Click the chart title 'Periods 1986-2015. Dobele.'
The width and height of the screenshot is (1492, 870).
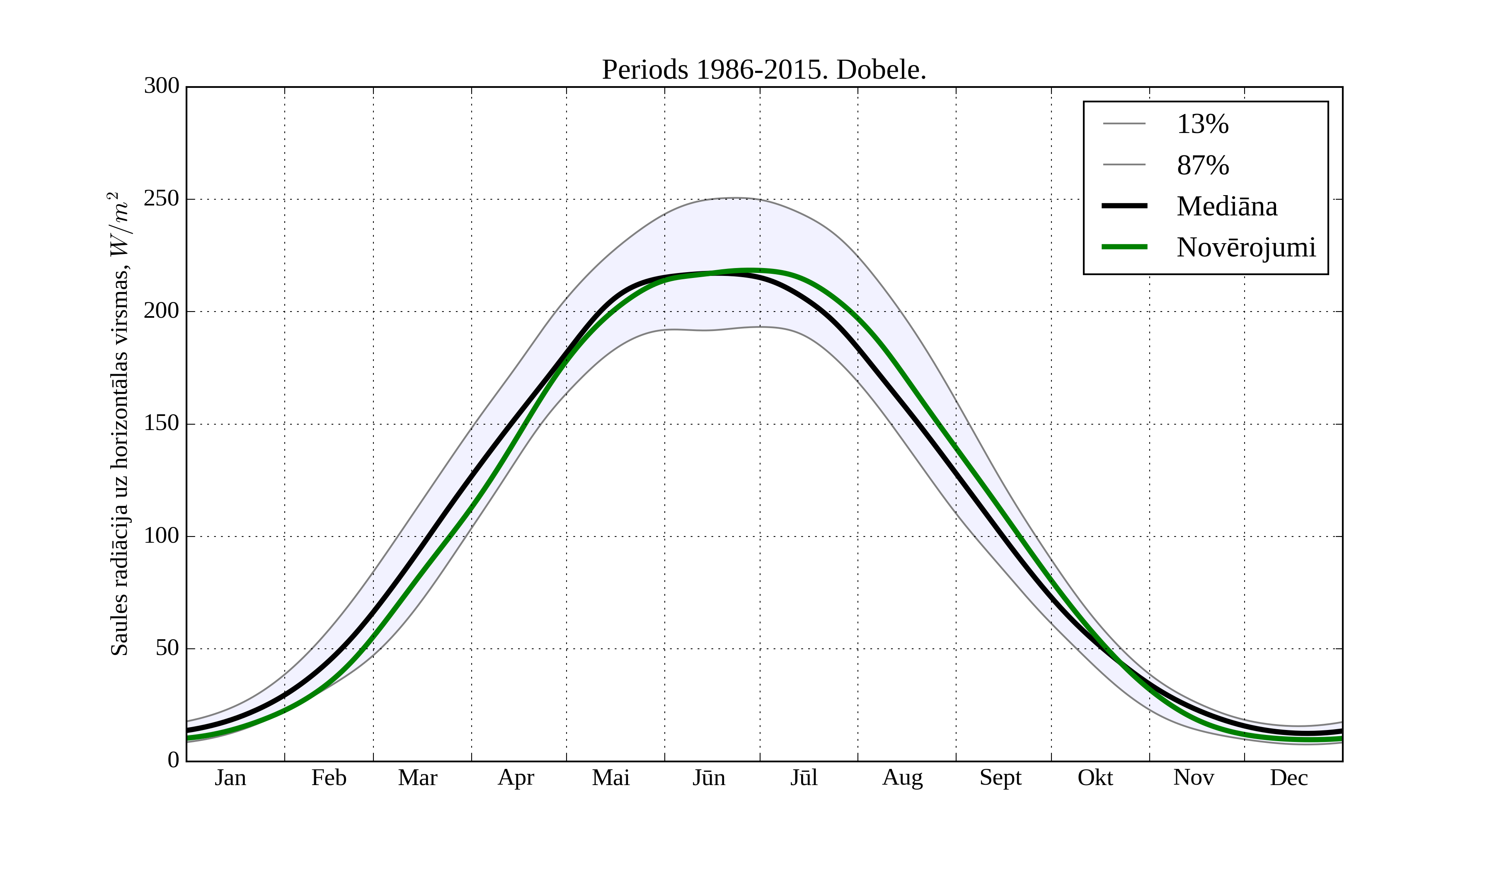pyautogui.click(x=764, y=70)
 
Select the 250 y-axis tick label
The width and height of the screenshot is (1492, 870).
pyautogui.click(x=162, y=199)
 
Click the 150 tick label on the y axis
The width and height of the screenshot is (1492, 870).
pyautogui.click(x=162, y=424)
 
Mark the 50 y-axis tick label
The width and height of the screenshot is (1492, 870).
pyautogui.click(x=167, y=649)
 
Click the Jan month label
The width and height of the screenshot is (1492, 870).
pyautogui.click(x=230, y=778)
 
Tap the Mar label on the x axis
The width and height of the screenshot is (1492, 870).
pyautogui.click(x=417, y=778)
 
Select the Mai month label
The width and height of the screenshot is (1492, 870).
pyautogui.click(x=611, y=778)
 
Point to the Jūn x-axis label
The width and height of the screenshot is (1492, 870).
pyautogui.click(x=709, y=778)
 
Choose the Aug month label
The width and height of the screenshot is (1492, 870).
pyautogui.click(x=902, y=778)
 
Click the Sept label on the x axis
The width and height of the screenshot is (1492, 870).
pyautogui.click(x=1000, y=778)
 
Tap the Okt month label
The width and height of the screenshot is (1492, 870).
pyautogui.click(x=1095, y=778)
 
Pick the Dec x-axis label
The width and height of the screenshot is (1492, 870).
pyautogui.click(x=1289, y=778)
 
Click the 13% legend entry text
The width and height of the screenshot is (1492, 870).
pyautogui.click(x=1202, y=124)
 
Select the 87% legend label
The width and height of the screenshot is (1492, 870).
pyautogui.click(x=1202, y=165)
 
